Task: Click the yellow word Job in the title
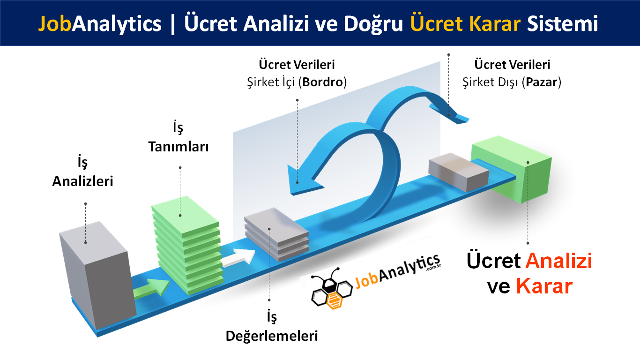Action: click(x=54, y=24)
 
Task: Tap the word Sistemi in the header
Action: click(x=562, y=23)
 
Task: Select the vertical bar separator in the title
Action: click(x=172, y=24)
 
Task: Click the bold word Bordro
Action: click(x=322, y=82)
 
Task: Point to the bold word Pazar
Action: click(x=542, y=82)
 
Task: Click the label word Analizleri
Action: click(x=82, y=181)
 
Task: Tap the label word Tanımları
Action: click(x=179, y=147)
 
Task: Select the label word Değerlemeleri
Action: click(x=272, y=336)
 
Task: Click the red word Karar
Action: click(x=544, y=286)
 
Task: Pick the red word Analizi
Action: click(x=559, y=261)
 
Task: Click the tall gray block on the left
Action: click(x=97, y=275)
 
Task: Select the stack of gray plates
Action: click(x=276, y=233)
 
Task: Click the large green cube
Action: click(x=512, y=169)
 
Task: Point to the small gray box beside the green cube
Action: click(x=458, y=172)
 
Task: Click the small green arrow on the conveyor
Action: click(x=151, y=289)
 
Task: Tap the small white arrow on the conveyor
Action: click(x=238, y=258)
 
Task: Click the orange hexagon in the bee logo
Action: click(x=334, y=301)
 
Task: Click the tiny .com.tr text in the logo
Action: click(x=434, y=267)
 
